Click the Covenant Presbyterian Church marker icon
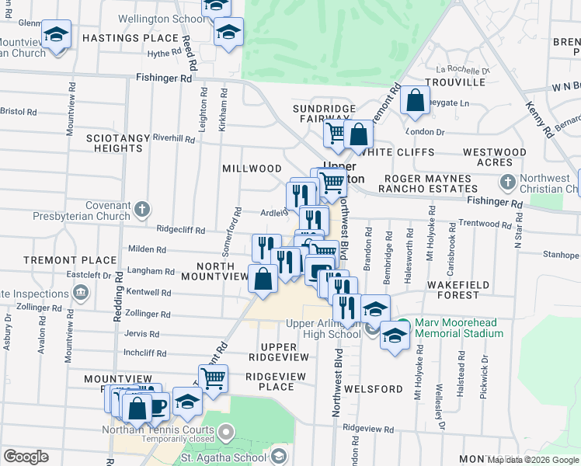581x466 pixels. (x=141, y=209)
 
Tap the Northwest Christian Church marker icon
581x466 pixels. (x=507, y=183)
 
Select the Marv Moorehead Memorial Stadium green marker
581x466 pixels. (x=402, y=324)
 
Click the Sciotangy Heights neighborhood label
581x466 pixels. (x=118, y=142)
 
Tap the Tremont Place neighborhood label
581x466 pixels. (x=59, y=259)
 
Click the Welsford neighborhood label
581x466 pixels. (x=376, y=388)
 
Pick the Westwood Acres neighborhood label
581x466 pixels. (x=495, y=157)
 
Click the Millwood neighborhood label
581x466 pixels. (x=252, y=169)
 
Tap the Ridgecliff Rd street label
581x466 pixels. (x=181, y=231)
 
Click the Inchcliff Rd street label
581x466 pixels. (x=145, y=353)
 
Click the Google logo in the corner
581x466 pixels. (x=26, y=457)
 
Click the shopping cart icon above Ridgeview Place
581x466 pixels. (x=213, y=378)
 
